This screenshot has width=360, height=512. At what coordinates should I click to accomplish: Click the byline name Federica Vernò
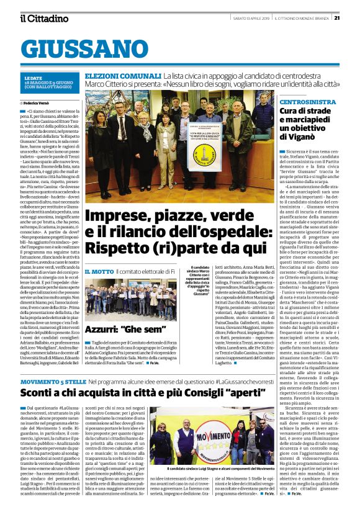[39, 102]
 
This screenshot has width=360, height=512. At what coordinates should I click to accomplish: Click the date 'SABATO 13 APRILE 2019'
[245, 17]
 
